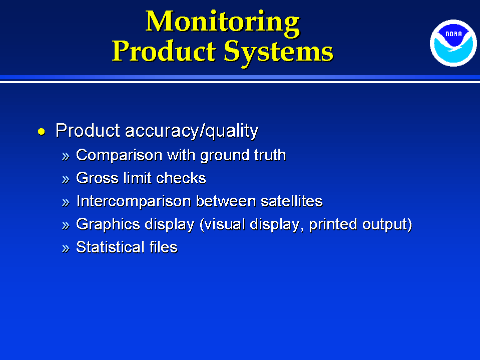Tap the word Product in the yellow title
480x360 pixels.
(x=164, y=52)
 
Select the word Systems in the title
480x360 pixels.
(x=278, y=53)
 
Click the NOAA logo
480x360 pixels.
(x=453, y=43)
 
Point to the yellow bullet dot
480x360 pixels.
(x=42, y=132)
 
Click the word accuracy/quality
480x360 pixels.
(x=192, y=131)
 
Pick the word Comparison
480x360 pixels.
(x=119, y=155)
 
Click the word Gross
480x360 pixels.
(x=97, y=178)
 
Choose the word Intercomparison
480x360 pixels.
(x=133, y=201)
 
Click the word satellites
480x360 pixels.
(x=292, y=201)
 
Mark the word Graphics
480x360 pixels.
(x=108, y=225)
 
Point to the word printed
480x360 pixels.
(x=333, y=224)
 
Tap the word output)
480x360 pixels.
(x=387, y=224)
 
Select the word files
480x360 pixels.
(x=164, y=247)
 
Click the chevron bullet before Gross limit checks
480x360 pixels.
(x=66, y=179)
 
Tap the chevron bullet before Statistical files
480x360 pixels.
(x=66, y=248)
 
